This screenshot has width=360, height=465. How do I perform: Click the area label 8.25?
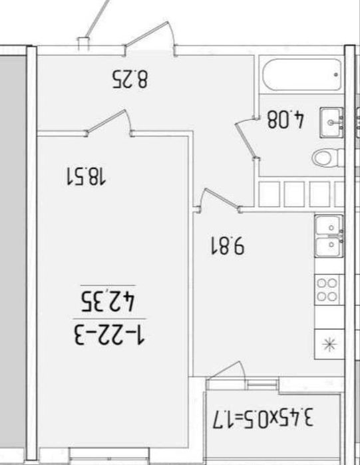click(130, 79)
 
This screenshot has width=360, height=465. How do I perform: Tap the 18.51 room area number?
click(86, 176)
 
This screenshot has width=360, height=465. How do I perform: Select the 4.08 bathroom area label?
click(286, 119)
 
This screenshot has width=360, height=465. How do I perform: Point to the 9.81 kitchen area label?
click(228, 245)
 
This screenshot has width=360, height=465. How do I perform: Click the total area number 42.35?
click(108, 301)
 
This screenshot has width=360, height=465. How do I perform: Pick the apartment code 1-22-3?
click(109, 335)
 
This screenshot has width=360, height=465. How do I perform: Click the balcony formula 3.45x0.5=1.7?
click(263, 418)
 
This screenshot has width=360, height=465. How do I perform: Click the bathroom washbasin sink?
click(331, 122)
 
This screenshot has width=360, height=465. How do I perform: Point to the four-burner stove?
click(327, 290)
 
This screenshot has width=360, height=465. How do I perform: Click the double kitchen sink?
click(329, 236)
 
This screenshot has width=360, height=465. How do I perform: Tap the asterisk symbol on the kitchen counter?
click(330, 345)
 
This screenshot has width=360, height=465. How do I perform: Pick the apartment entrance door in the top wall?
click(150, 37)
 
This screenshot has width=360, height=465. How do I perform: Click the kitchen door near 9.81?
click(220, 200)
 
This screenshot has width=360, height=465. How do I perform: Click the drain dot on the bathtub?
click(335, 75)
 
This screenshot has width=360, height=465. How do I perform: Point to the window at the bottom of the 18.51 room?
click(109, 454)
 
